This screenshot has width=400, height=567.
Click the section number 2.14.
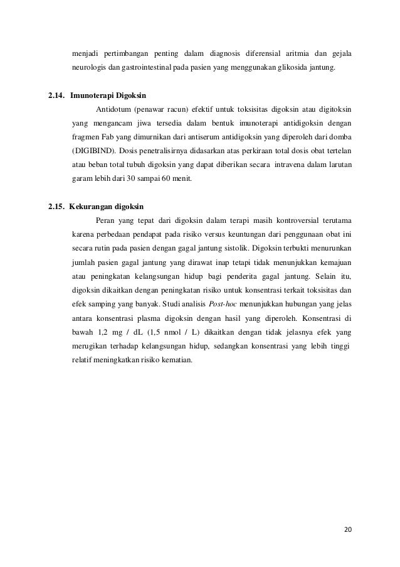[57, 97]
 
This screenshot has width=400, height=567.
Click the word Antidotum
[112, 111]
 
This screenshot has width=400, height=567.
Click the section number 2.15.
[57, 207]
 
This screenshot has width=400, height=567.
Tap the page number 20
[347, 530]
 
